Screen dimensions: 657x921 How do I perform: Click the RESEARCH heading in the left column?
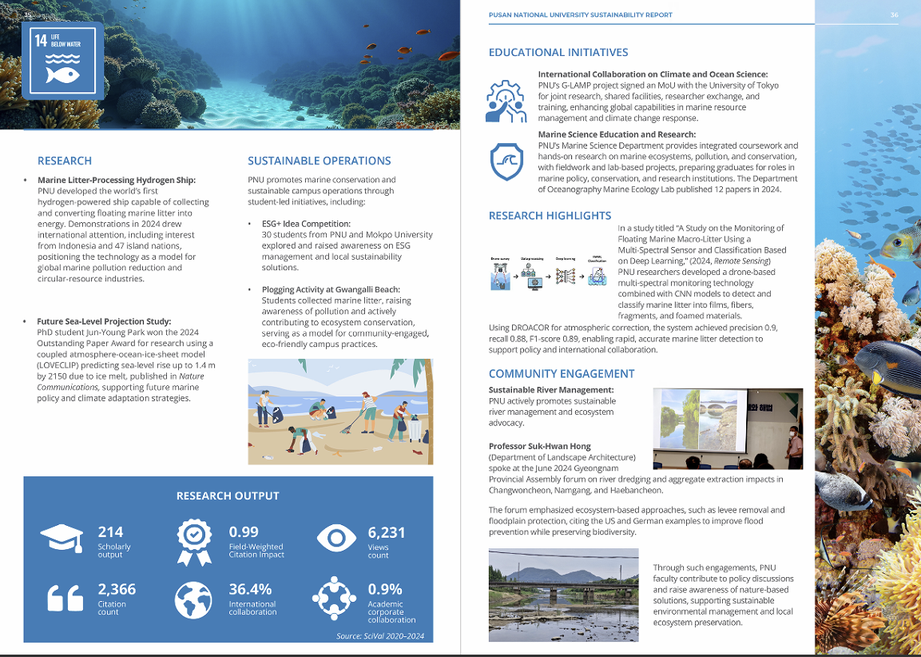pos(65,161)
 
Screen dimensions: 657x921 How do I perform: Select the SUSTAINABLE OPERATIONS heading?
pos(319,161)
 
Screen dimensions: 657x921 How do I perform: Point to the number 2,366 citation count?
pos(117,589)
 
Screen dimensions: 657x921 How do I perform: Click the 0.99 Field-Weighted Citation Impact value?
pos(244,532)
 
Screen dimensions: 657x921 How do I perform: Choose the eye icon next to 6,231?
pos(336,537)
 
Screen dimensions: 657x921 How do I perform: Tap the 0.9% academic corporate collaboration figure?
pos(384,589)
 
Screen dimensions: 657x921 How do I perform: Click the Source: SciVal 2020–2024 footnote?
pos(380,636)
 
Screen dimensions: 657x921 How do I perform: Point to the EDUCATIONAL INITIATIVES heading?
pos(558,53)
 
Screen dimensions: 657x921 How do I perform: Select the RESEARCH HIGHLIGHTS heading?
pos(550,216)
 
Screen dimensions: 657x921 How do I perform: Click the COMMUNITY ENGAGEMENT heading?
pos(562,373)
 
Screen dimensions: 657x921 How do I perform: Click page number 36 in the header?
pos(894,15)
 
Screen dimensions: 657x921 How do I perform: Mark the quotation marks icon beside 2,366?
pos(63,597)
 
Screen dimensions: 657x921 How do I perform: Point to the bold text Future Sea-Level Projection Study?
pos(104,321)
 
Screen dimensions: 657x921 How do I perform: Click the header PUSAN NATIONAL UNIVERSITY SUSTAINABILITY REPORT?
pos(580,15)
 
